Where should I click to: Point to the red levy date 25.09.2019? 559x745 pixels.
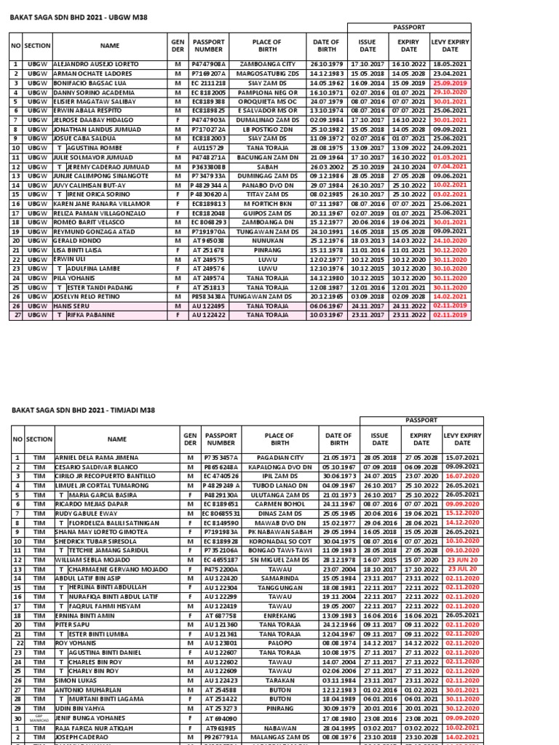451,83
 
